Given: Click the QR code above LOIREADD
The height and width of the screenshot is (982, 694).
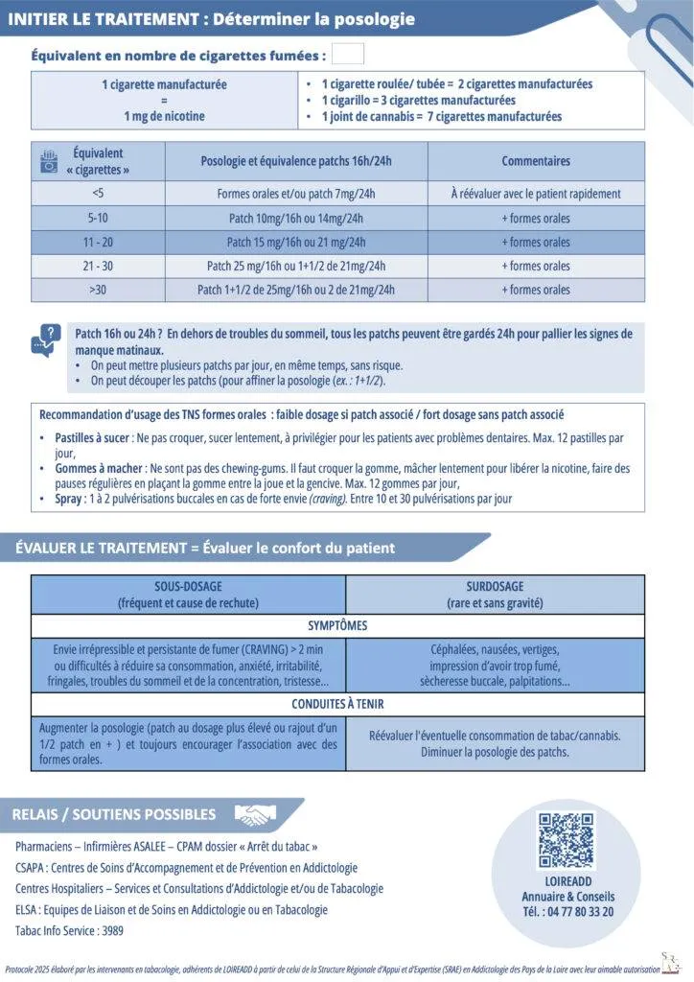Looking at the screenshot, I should tap(566, 840).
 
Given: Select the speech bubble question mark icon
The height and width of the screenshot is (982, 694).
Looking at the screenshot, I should tap(44, 340).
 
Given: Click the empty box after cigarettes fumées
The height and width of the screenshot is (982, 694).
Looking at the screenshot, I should tap(347, 55).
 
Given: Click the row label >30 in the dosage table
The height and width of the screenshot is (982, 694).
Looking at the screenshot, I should tap(98, 290).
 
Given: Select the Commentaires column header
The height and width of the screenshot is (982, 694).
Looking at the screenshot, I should tap(536, 161).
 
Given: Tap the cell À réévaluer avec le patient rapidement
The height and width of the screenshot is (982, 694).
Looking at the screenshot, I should tap(536, 194).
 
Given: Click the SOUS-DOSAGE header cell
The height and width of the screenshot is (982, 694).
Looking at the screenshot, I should tap(188, 595).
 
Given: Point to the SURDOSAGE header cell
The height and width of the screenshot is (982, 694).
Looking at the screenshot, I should tap(495, 595).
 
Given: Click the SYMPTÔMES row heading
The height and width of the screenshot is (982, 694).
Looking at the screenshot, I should tap(337, 626).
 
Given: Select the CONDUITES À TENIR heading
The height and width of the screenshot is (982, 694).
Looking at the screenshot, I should tap(337, 703).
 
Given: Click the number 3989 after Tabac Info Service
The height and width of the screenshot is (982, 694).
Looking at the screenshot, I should tap(110, 930).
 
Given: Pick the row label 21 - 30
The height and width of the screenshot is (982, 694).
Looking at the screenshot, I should tap(98, 266).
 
